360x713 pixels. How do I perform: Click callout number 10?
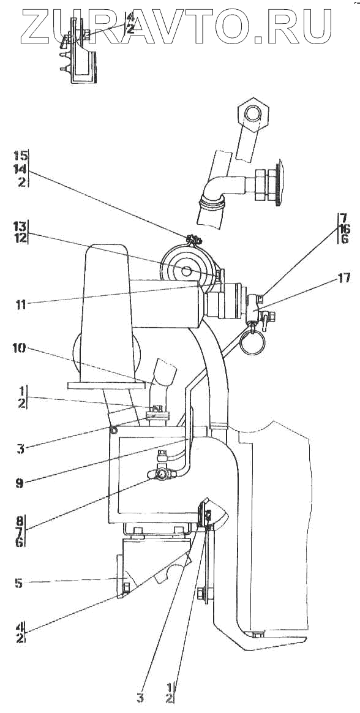[20, 349]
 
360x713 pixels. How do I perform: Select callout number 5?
[18, 583]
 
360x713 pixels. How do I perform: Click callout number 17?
[343, 277]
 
